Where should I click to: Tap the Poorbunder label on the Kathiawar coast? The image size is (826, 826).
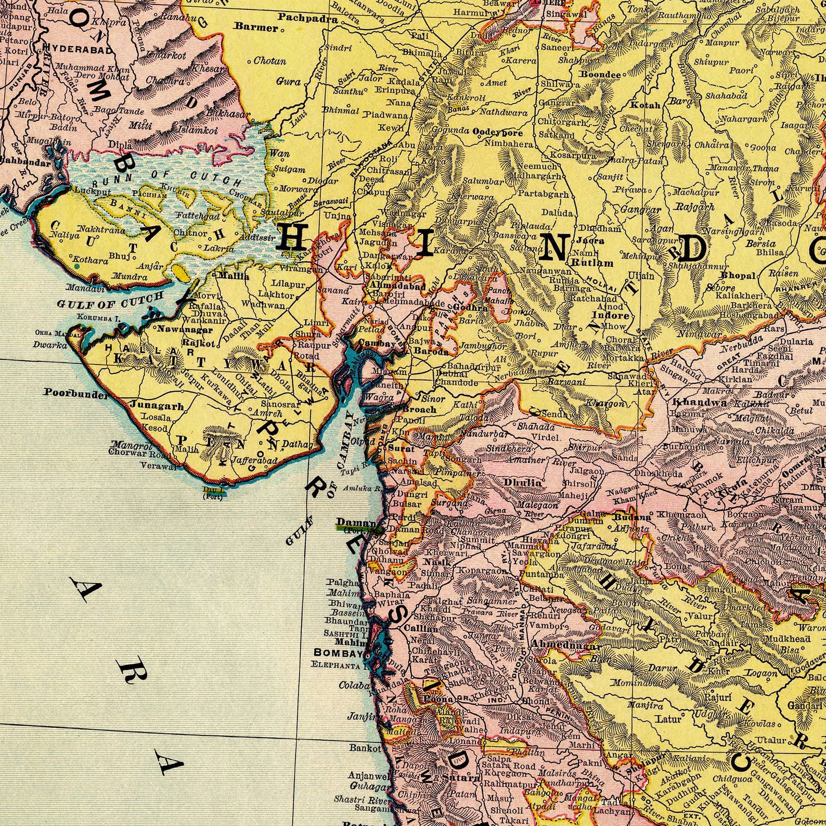point(68,393)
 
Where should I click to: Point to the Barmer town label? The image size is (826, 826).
point(256,28)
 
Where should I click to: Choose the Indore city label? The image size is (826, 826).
point(611,315)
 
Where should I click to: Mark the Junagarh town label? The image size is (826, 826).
point(149,406)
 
